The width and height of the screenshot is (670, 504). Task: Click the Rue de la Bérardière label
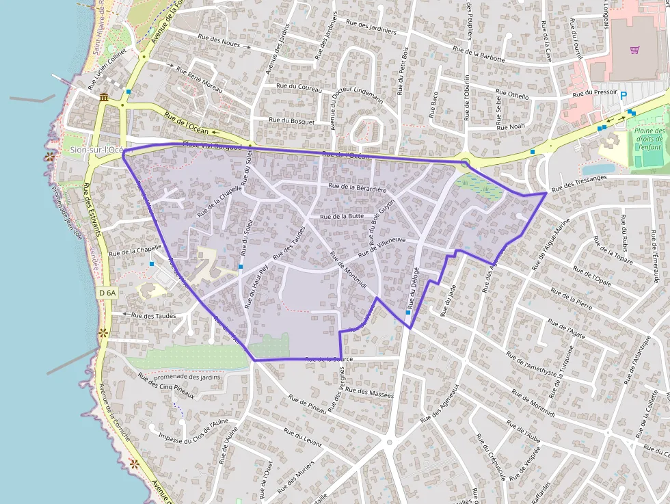(x=358, y=187)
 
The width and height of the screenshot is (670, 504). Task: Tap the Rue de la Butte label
(x=342, y=216)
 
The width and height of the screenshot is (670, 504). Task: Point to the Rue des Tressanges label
(x=579, y=183)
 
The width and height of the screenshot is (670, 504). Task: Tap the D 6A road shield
(x=107, y=292)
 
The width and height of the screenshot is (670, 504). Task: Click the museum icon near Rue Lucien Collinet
(x=103, y=98)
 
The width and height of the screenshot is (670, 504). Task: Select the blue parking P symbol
(x=624, y=96)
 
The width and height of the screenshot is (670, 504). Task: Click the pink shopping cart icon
(x=635, y=50)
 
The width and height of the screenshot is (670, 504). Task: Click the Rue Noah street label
(x=511, y=127)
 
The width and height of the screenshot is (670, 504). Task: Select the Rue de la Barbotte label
(x=479, y=54)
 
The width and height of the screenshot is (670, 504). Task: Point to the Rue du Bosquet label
(x=292, y=121)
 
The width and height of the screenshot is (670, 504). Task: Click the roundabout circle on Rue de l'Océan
(x=465, y=162)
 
